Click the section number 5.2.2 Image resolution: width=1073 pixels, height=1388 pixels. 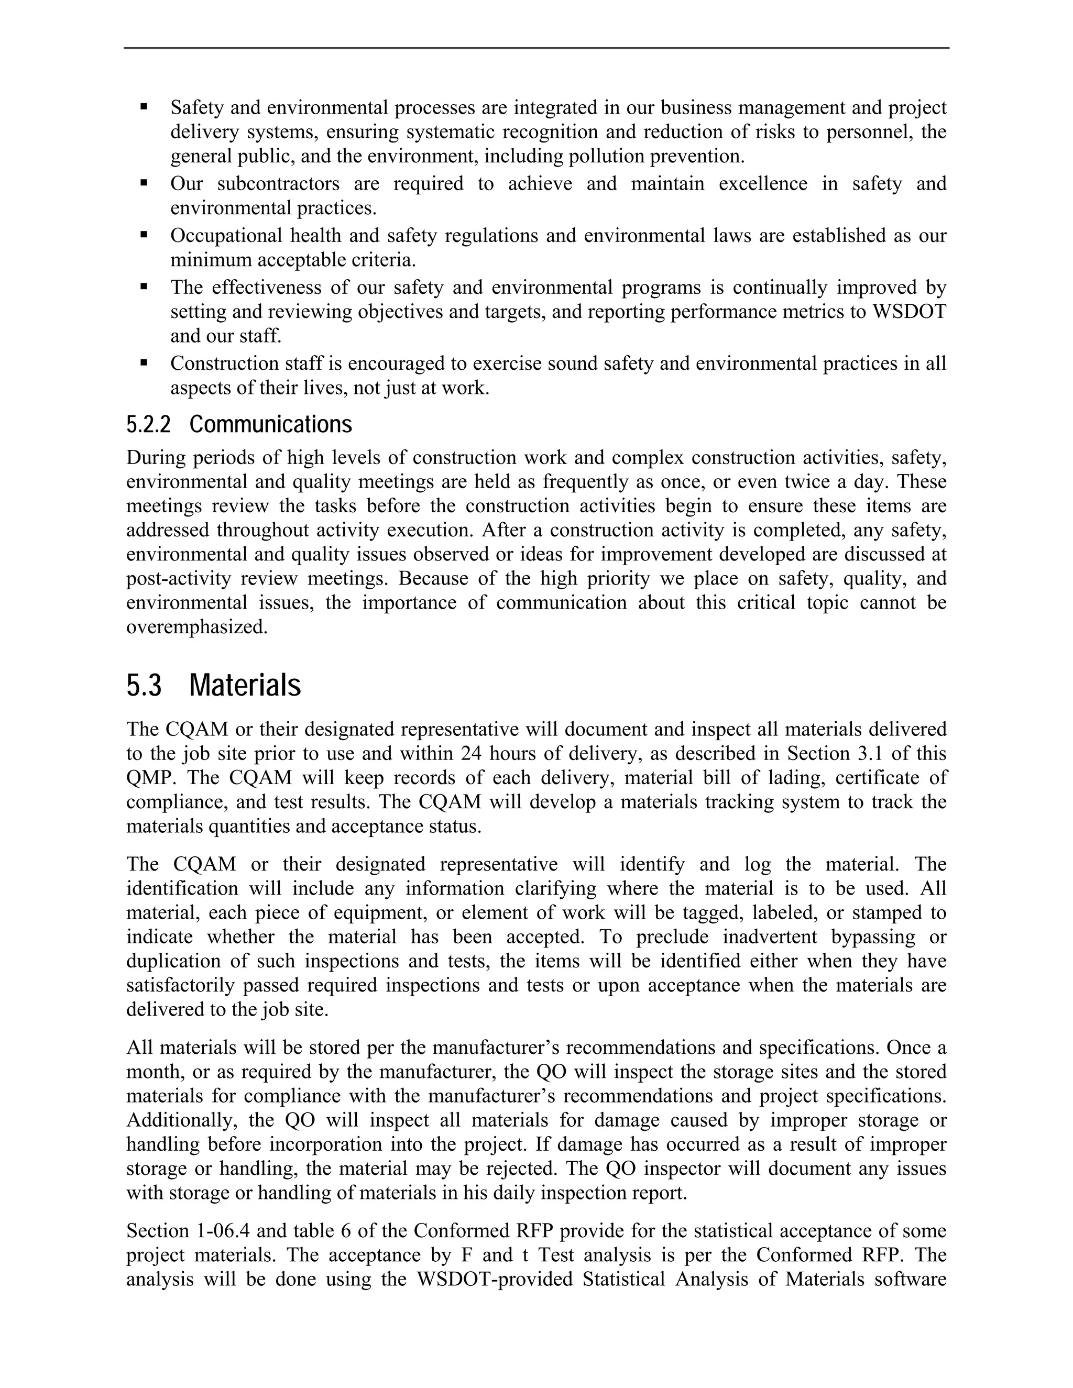click(x=148, y=425)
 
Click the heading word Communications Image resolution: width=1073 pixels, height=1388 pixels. click(x=270, y=425)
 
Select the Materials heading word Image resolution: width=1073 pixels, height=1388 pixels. click(x=245, y=686)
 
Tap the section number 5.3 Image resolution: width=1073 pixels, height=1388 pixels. click(x=144, y=686)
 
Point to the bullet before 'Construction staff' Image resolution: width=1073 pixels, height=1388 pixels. click(x=144, y=363)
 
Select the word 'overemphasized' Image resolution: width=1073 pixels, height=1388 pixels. click(x=196, y=627)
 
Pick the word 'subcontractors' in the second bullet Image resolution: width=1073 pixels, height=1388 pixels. click(x=278, y=184)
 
